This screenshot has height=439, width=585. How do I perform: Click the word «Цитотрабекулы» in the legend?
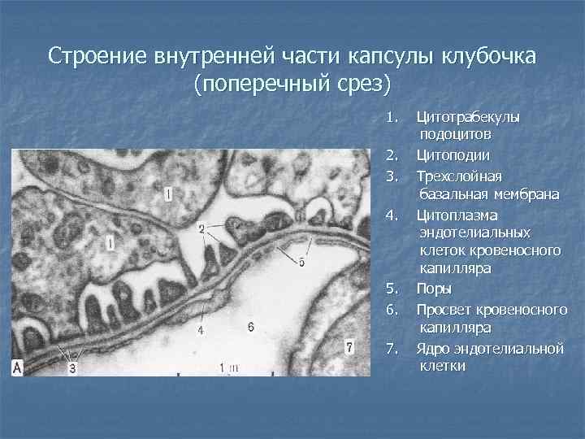[x=468, y=117]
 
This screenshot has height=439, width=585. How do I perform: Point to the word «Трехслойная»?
[x=458, y=176]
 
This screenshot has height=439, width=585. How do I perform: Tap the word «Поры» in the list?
[x=435, y=289]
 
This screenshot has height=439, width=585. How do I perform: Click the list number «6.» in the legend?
[x=392, y=309]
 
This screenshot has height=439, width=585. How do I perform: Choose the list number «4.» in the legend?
[x=392, y=215]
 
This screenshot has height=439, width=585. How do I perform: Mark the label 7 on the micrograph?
[x=349, y=347]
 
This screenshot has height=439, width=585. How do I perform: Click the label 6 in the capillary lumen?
[x=250, y=326]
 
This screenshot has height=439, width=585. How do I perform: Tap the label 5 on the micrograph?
[x=301, y=262]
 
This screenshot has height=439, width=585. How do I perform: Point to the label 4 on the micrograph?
[x=201, y=331]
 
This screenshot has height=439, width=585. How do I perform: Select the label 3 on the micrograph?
[x=72, y=368]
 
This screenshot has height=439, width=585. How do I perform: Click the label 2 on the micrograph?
[x=201, y=229]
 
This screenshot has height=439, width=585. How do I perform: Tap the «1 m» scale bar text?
[x=228, y=367]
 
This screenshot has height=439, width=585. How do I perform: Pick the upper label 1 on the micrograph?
[x=167, y=193]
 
